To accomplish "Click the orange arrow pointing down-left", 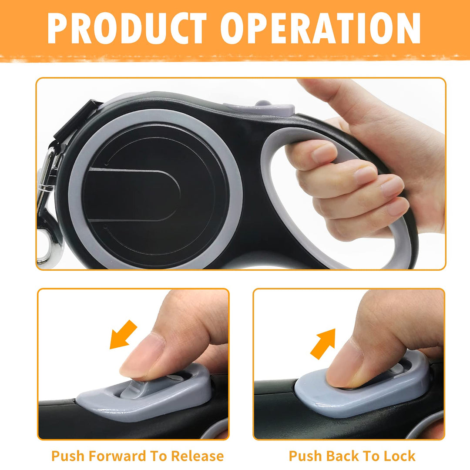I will point(123,334).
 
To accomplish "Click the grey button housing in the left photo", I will point(144,396).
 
